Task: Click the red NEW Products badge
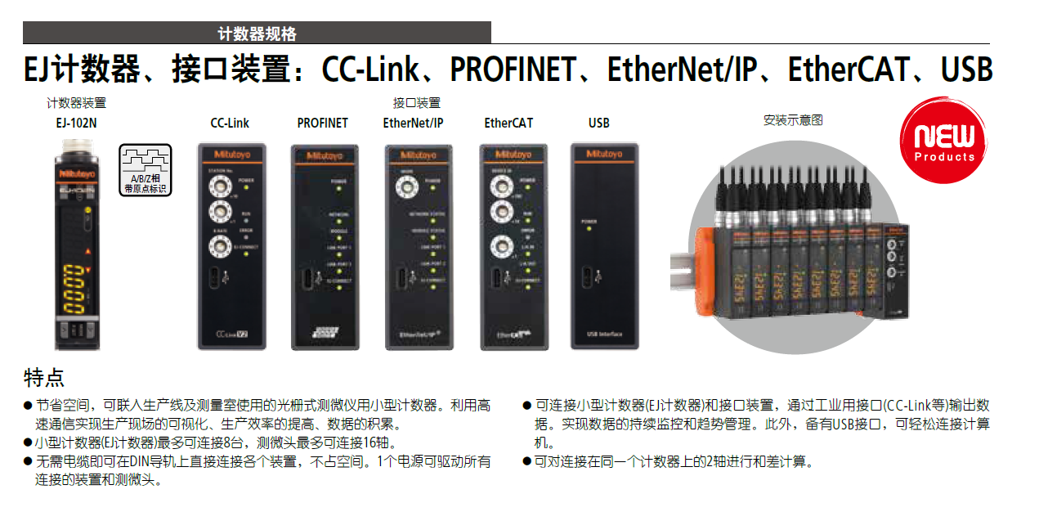point(944,141)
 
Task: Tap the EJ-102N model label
point(76,123)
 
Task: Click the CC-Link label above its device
point(230,123)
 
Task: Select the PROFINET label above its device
point(322,123)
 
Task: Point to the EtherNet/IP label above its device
point(413,123)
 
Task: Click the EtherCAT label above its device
point(508,123)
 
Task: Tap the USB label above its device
point(598,123)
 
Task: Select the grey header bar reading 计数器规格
point(257,34)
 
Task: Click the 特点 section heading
point(44,378)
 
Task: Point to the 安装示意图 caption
point(793,119)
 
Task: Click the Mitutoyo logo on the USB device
point(602,154)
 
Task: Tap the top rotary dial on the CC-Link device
point(218,185)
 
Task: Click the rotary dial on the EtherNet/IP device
point(404,187)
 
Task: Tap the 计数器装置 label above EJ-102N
point(76,103)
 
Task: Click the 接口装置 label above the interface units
point(416,103)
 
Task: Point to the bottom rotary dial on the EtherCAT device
point(498,245)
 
